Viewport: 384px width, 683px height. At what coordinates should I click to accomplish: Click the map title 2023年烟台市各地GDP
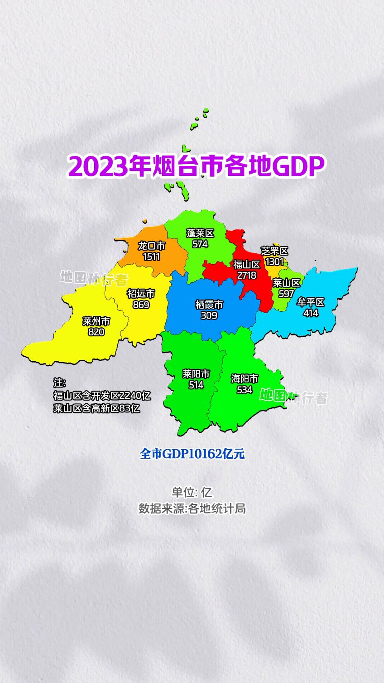click(197, 166)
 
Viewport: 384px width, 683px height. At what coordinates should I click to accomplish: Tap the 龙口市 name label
click(151, 246)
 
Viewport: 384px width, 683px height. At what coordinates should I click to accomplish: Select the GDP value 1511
click(151, 257)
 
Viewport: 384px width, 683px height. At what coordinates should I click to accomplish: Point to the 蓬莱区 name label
click(200, 233)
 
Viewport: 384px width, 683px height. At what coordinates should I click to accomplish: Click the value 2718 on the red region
click(246, 275)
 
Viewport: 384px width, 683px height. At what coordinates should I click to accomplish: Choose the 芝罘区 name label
click(274, 251)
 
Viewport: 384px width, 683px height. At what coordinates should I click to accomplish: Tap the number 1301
click(274, 262)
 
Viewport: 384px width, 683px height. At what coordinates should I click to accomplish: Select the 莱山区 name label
click(287, 283)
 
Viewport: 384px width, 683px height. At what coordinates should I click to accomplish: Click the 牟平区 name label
click(311, 302)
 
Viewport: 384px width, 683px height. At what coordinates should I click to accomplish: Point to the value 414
click(311, 313)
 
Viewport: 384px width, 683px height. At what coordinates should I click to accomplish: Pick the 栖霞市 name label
click(209, 305)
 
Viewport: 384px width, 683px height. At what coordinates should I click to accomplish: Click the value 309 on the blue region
click(209, 315)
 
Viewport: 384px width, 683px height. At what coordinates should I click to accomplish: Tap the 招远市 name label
click(141, 294)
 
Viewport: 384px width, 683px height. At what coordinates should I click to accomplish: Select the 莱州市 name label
click(96, 321)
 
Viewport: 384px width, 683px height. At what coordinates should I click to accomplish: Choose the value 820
click(96, 332)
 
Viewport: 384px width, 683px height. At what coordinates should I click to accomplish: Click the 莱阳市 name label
click(196, 374)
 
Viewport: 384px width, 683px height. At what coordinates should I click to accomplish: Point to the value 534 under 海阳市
click(245, 389)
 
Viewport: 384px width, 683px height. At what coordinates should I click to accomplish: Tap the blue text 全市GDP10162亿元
click(192, 454)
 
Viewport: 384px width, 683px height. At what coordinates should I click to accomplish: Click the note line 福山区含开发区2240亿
click(102, 395)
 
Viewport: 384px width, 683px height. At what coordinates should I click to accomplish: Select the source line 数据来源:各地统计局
click(192, 509)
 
